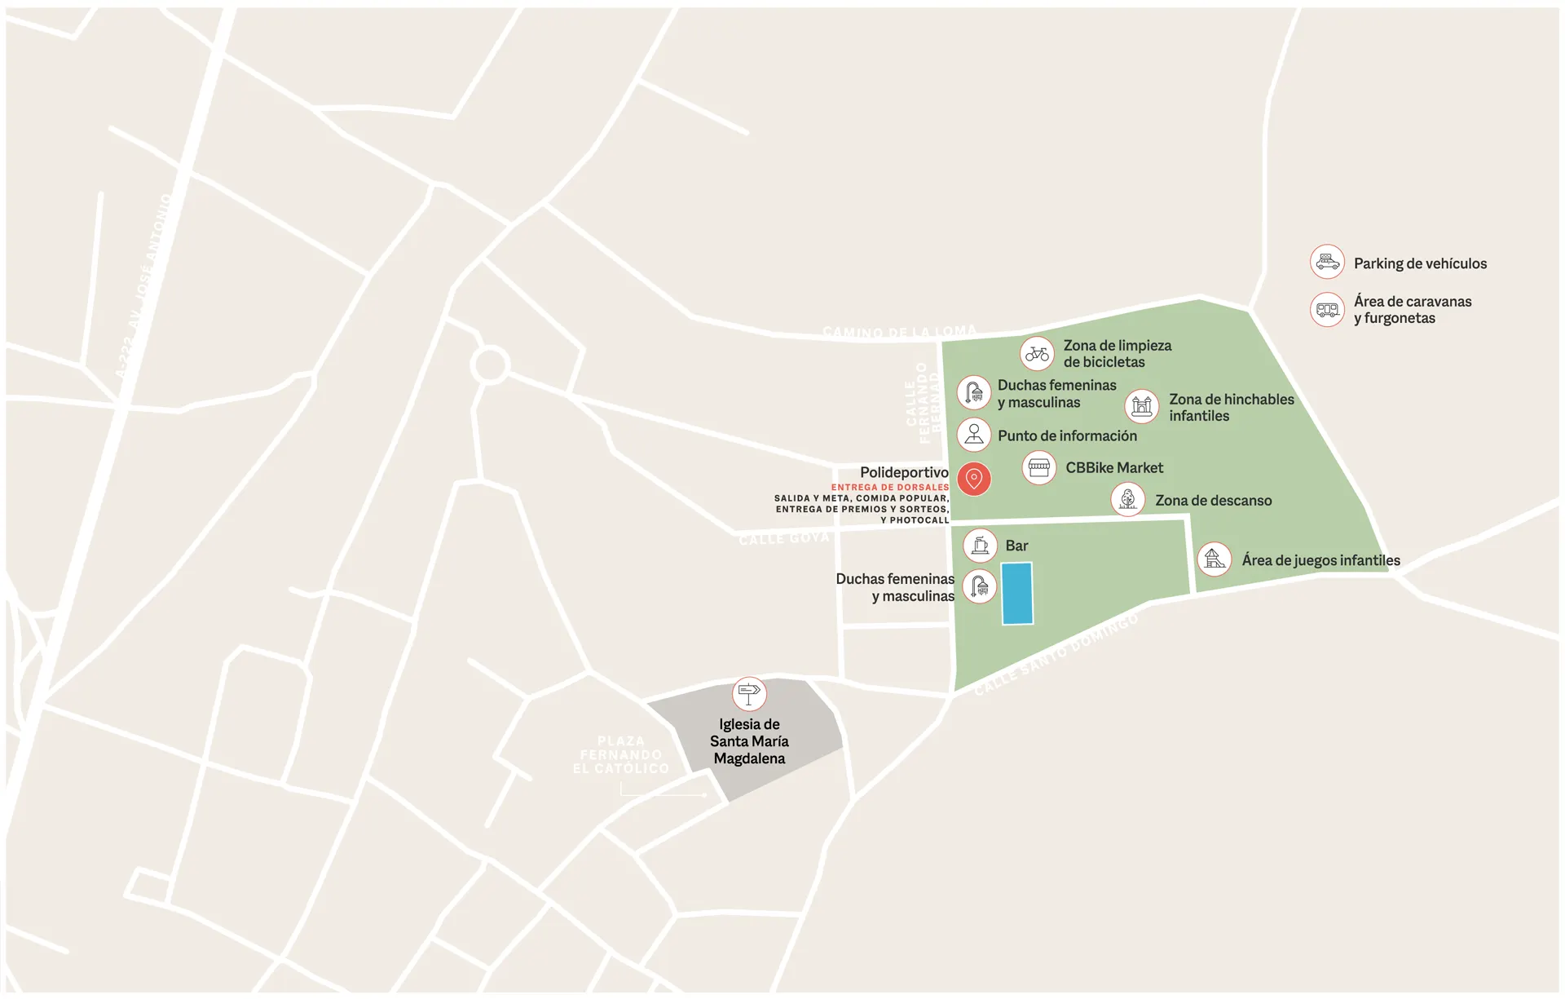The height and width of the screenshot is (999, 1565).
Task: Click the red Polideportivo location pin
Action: [x=974, y=479]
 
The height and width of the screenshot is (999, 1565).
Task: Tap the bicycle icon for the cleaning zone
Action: [x=1037, y=354]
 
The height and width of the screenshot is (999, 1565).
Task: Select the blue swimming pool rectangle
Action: [x=1016, y=594]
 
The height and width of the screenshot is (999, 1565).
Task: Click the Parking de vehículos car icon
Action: [x=1327, y=262]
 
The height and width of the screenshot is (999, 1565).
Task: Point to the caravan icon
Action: [x=1327, y=310]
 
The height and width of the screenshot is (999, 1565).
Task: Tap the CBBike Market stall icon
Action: [x=1039, y=468]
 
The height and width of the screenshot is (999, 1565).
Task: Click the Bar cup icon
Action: [x=980, y=546]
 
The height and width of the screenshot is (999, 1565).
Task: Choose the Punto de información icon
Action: [x=974, y=435]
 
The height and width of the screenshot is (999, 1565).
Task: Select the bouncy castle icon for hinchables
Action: [x=1142, y=406]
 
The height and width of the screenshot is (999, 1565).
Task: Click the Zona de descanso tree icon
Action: [x=1128, y=499]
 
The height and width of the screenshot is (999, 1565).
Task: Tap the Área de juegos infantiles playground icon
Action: [x=1215, y=559]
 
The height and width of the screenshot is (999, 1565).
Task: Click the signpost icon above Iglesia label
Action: [x=749, y=694]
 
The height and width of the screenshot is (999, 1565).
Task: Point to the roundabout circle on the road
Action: [x=490, y=365]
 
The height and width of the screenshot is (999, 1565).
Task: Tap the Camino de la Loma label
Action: [x=899, y=332]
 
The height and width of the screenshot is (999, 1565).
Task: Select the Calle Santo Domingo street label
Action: [x=1056, y=654]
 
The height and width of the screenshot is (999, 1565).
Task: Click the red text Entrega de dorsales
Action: [x=890, y=488]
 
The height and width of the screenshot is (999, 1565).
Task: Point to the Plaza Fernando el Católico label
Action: [x=621, y=755]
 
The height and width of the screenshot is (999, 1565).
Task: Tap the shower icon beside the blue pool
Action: [x=980, y=586]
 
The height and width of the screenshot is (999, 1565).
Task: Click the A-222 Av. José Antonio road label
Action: [x=143, y=285]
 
